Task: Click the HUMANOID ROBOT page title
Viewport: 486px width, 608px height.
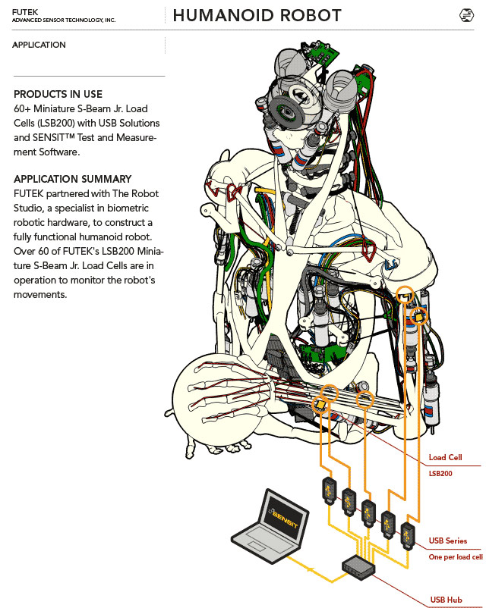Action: tap(257, 15)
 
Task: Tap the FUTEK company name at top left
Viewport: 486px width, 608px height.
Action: tap(25, 12)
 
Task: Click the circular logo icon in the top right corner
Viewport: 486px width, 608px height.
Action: tap(466, 15)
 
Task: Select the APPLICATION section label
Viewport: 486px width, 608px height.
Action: tap(39, 45)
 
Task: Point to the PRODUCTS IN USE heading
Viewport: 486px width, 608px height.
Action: tap(58, 94)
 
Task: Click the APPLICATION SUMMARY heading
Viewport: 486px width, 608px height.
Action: tap(73, 179)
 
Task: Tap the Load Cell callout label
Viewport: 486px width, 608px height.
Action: tap(445, 458)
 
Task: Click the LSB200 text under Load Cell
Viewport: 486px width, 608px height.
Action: tap(440, 474)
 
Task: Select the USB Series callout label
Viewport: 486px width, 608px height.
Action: tap(447, 541)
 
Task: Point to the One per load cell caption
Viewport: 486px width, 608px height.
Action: tap(456, 556)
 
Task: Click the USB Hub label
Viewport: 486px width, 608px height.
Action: tap(446, 600)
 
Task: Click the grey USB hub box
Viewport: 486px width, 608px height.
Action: tap(358, 567)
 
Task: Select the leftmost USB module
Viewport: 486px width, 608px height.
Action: tap(330, 491)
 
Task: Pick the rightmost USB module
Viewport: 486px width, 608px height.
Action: tap(408, 536)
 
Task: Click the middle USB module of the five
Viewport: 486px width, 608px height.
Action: tap(368, 513)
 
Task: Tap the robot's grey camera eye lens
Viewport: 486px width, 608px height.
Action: tap(287, 111)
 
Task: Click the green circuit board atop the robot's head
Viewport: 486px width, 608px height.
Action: tap(320, 52)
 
